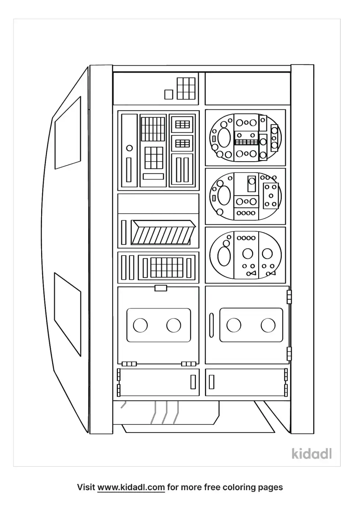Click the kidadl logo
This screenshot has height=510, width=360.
tap(312, 453)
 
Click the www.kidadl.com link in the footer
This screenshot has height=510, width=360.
tap(131, 487)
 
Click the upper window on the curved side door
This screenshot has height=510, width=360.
tap(68, 133)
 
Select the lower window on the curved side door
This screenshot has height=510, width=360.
tap(67, 314)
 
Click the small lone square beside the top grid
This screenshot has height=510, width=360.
tap(169, 94)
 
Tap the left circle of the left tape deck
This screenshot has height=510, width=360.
tap(140, 325)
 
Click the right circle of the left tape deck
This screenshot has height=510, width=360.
tap(173, 325)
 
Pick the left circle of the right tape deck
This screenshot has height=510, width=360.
tap(234, 325)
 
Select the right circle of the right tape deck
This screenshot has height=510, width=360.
tap(268, 325)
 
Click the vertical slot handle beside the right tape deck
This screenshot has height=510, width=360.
tap(212, 325)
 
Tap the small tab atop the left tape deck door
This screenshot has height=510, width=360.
tap(161, 288)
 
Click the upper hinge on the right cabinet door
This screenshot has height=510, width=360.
tap(289, 297)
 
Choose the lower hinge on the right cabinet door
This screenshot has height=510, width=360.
tap(289, 353)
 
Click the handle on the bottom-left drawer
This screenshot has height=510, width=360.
tap(193, 382)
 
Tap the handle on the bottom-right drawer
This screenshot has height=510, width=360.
tap(212, 382)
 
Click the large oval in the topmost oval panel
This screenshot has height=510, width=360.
tap(223, 138)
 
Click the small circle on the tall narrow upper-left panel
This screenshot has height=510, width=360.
tap(129, 148)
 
